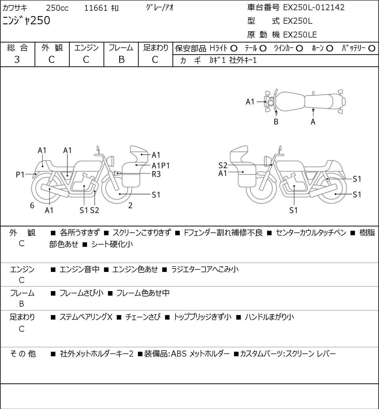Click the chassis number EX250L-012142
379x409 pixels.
click(x=314, y=8)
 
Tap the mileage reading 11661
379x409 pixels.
click(x=96, y=8)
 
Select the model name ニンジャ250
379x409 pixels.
click(x=26, y=20)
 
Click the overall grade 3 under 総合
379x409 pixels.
click(x=17, y=60)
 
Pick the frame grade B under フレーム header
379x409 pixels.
click(x=121, y=60)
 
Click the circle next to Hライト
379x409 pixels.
click(x=234, y=49)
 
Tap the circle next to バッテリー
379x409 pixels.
click(x=372, y=49)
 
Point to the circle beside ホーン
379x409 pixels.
click(x=330, y=49)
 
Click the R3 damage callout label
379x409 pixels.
click(x=156, y=174)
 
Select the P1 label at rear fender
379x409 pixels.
click(x=20, y=175)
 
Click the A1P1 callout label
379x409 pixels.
click(x=161, y=166)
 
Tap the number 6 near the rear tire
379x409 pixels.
click(x=32, y=205)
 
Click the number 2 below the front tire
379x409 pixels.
click(x=130, y=205)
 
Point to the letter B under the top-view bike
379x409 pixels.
click(x=276, y=122)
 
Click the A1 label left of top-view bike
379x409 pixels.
click(x=250, y=102)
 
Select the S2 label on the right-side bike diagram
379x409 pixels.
click(x=223, y=165)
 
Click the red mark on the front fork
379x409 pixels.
click(x=114, y=173)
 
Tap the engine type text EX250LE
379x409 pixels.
click(x=300, y=35)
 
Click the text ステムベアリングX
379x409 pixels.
click(x=86, y=317)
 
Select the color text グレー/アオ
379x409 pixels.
click(x=160, y=8)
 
